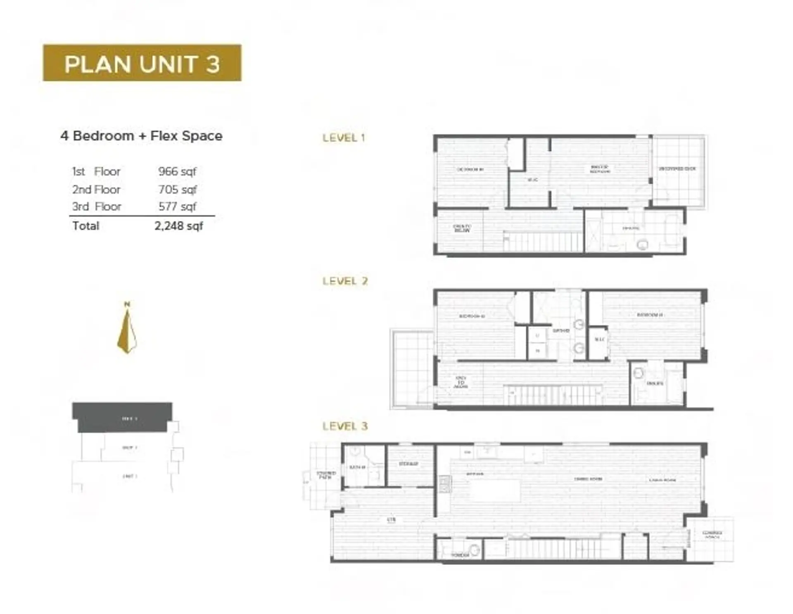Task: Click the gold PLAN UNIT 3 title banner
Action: (x=142, y=63)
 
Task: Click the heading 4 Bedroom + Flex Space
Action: (x=141, y=136)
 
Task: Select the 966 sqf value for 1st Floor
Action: (x=177, y=171)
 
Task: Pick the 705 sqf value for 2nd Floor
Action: (x=177, y=190)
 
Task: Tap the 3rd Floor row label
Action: (x=97, y=206)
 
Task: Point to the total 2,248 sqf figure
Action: (x=178, y=226)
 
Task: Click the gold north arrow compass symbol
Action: (x=127, y=330)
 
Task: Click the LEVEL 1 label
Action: (x=344, y=138)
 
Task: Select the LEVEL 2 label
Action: (x=345, y=281)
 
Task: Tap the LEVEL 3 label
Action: (x=345, y=426)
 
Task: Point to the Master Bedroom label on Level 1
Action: (x=600, y=169)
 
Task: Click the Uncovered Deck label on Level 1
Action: (x=677, y=169)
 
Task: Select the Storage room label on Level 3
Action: (x=408, y=464)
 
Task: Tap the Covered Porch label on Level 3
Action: (x=712, y=535)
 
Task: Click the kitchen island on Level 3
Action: (x=495, y=491)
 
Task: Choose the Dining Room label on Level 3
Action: (x=588, y=479)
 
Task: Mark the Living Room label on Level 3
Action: (x=662, y=480)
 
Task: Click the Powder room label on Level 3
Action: (x=460, y=555)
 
